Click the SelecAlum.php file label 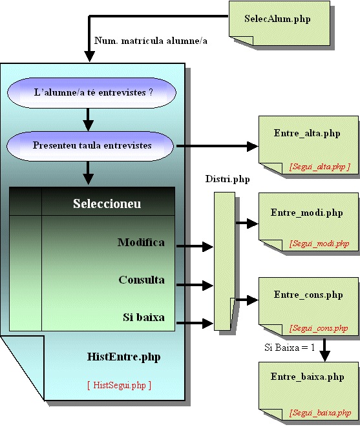pos(277,19)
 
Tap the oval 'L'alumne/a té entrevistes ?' pos(92,92)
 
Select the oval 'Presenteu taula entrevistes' pos(90,146)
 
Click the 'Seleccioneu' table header pos(107,203)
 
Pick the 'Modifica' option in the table pos(141,242)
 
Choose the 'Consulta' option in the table pos(142,280)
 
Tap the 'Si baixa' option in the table pos(143,317)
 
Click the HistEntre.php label pos(123,357)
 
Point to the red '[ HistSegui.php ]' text pos(120,386)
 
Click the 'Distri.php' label pos(228,179)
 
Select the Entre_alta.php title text pos(307,134)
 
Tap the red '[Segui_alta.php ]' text pos(320,167)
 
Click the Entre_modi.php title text pos(307,213)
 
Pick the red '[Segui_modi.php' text pos(319,244)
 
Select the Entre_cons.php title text pos(308,295)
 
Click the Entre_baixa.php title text pos(308,377)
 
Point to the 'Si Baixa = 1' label pos(290,348)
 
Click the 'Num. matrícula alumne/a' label pos(151,41)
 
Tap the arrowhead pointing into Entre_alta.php pos(253,146)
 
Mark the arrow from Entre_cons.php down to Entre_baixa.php pos(324,350)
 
